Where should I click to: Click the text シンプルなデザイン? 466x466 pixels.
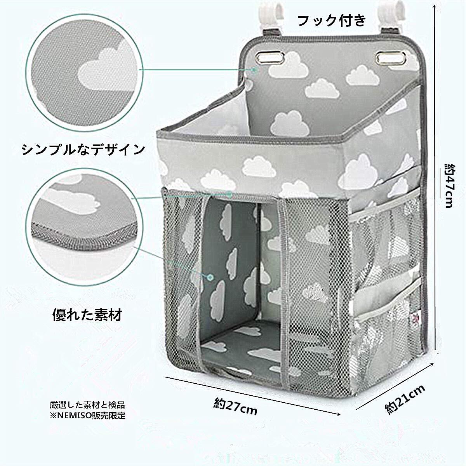tap(83, 149)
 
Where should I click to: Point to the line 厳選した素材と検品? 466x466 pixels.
tap(87, 405)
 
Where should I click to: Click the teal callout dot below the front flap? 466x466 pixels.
tap(230, 194)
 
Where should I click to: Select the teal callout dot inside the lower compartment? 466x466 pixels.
tap(210, 277)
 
